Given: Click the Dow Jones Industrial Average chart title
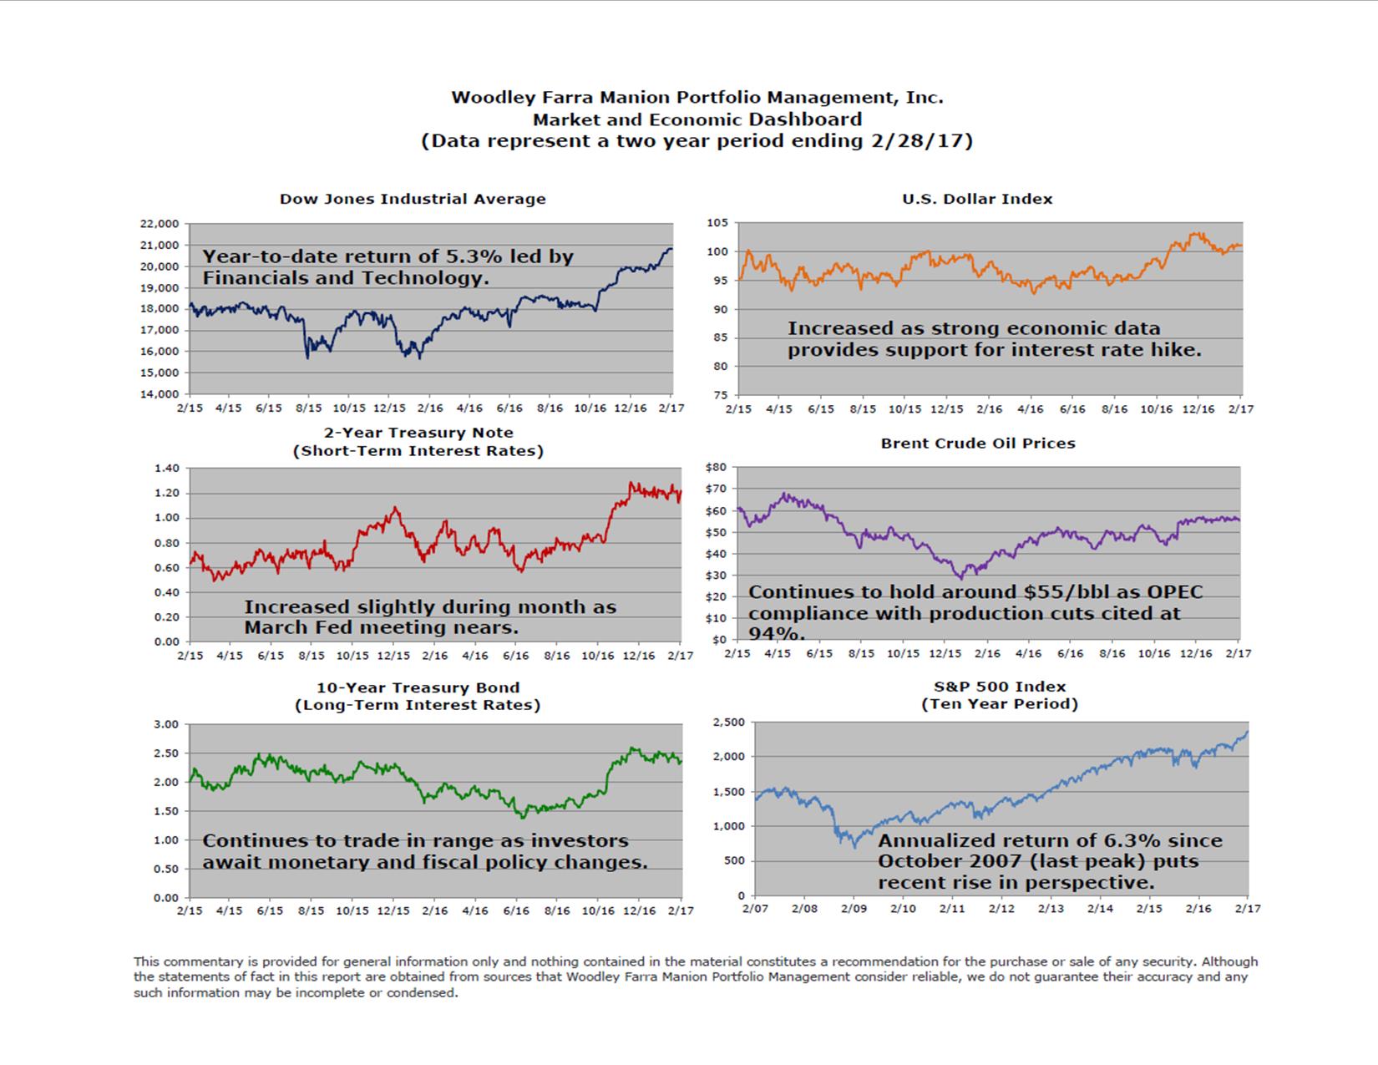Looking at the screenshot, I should [413, 199].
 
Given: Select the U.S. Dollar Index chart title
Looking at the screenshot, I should [977, 199].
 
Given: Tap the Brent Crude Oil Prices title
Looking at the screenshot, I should [978, 444].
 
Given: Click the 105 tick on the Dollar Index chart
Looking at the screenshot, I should [717, 223].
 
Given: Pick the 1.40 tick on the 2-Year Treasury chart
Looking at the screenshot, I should [166, 469].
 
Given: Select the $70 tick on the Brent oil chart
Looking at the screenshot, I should [717, 489].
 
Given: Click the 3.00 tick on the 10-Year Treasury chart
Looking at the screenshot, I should [166, 724].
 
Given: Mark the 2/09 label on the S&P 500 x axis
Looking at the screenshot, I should [853, 908].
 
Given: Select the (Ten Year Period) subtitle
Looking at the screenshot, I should [1000, 704].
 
